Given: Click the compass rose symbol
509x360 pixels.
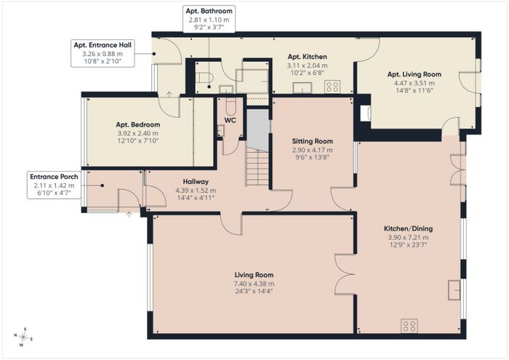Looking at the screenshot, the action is click(x=23, y=337).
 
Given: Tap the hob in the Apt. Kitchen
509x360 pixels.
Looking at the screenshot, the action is click(x=332, y=87).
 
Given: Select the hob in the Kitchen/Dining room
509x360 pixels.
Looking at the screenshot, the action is click(x=409, y=326).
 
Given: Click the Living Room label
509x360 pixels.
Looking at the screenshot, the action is click(x=254, y=275).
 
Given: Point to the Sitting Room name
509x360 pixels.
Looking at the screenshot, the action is click(x=312, y=141).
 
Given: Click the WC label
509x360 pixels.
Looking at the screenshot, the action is click(x=231, y=121).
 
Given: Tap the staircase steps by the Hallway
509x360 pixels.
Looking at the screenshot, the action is click(x=257, y=167).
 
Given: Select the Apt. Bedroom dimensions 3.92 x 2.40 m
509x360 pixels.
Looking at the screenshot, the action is click(x=138, y=133).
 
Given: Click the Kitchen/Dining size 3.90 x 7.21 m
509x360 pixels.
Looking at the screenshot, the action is click(x=408, y=238).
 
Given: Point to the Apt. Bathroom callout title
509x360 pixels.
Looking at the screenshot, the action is click(x=209, y=11).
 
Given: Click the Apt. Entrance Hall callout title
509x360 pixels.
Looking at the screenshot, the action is click(x=103, y=45).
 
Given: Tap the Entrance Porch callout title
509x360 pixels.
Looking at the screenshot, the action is click(x=54, y=177).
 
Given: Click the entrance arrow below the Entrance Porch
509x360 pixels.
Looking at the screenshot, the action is click(x=129, y=215).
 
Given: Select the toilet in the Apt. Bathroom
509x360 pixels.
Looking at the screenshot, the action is click(x=204, y=78).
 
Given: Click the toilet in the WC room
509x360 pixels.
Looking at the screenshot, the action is click(x=231, y=107).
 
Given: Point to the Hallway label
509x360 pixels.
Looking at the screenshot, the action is click(x=196, y=182).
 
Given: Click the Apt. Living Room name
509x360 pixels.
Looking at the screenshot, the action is click(x=414, y=74).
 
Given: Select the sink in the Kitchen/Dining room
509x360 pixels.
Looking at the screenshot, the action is click(x=454, y=290).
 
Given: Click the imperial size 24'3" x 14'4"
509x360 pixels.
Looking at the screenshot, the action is click(x=254, y=291).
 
